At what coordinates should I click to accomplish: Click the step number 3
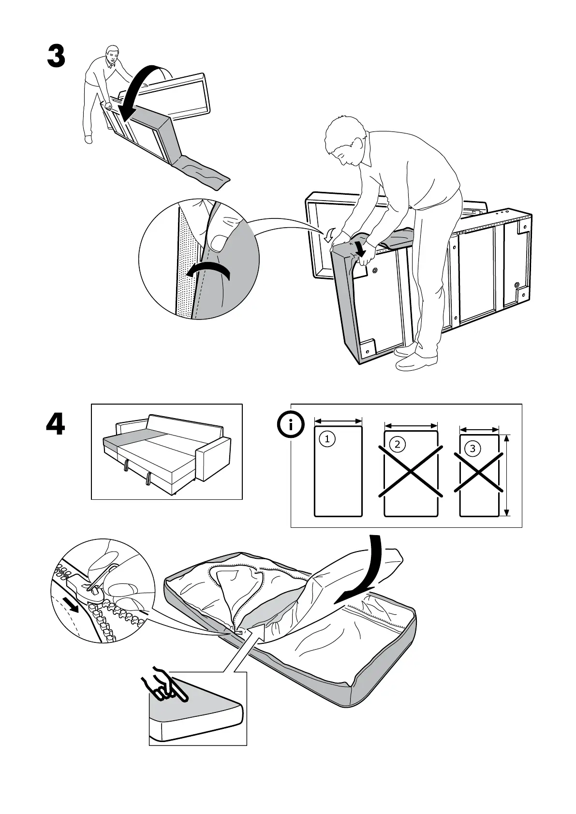coord(56,57)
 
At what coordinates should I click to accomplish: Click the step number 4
coord(55,425)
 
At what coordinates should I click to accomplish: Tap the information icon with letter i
coord(290,425)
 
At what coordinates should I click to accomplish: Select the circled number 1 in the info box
coord(327,439)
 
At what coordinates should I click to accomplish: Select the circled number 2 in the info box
coord(398,444)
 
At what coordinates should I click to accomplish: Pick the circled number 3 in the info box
coord(472,449)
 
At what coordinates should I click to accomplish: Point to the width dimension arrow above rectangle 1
coord(338,421)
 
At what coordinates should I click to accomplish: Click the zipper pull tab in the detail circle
coord(92,588)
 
